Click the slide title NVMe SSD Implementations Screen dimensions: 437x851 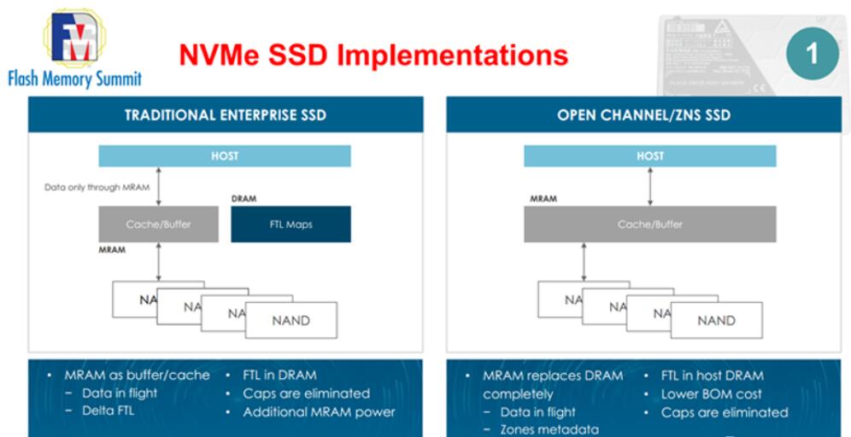tap(373, 55)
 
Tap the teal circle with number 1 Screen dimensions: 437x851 tap(810, 53)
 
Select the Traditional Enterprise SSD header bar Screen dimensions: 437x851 tap(226, 114)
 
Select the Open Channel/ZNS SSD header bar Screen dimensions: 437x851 tap(643, 114)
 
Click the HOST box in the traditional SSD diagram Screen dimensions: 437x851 tap(225, 156)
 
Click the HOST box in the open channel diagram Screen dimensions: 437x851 tap(649, 156)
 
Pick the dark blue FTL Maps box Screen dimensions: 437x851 tap(291, 224)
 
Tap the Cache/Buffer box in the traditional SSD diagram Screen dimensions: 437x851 tap(158, 224)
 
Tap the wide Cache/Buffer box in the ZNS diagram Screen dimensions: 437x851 tap(649, 224)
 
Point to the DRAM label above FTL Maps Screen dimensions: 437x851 tap(244, 199)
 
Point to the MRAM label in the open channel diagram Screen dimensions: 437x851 tap(543, 199)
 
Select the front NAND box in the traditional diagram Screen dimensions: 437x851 tap(291, 320)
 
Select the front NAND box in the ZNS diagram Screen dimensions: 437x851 tap(715, 320)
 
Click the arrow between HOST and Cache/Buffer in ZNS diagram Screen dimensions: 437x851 tap(650, 186)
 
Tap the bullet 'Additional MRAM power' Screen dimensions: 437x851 tap(319, 412)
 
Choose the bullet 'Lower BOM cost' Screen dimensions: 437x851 tap(711, 394)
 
